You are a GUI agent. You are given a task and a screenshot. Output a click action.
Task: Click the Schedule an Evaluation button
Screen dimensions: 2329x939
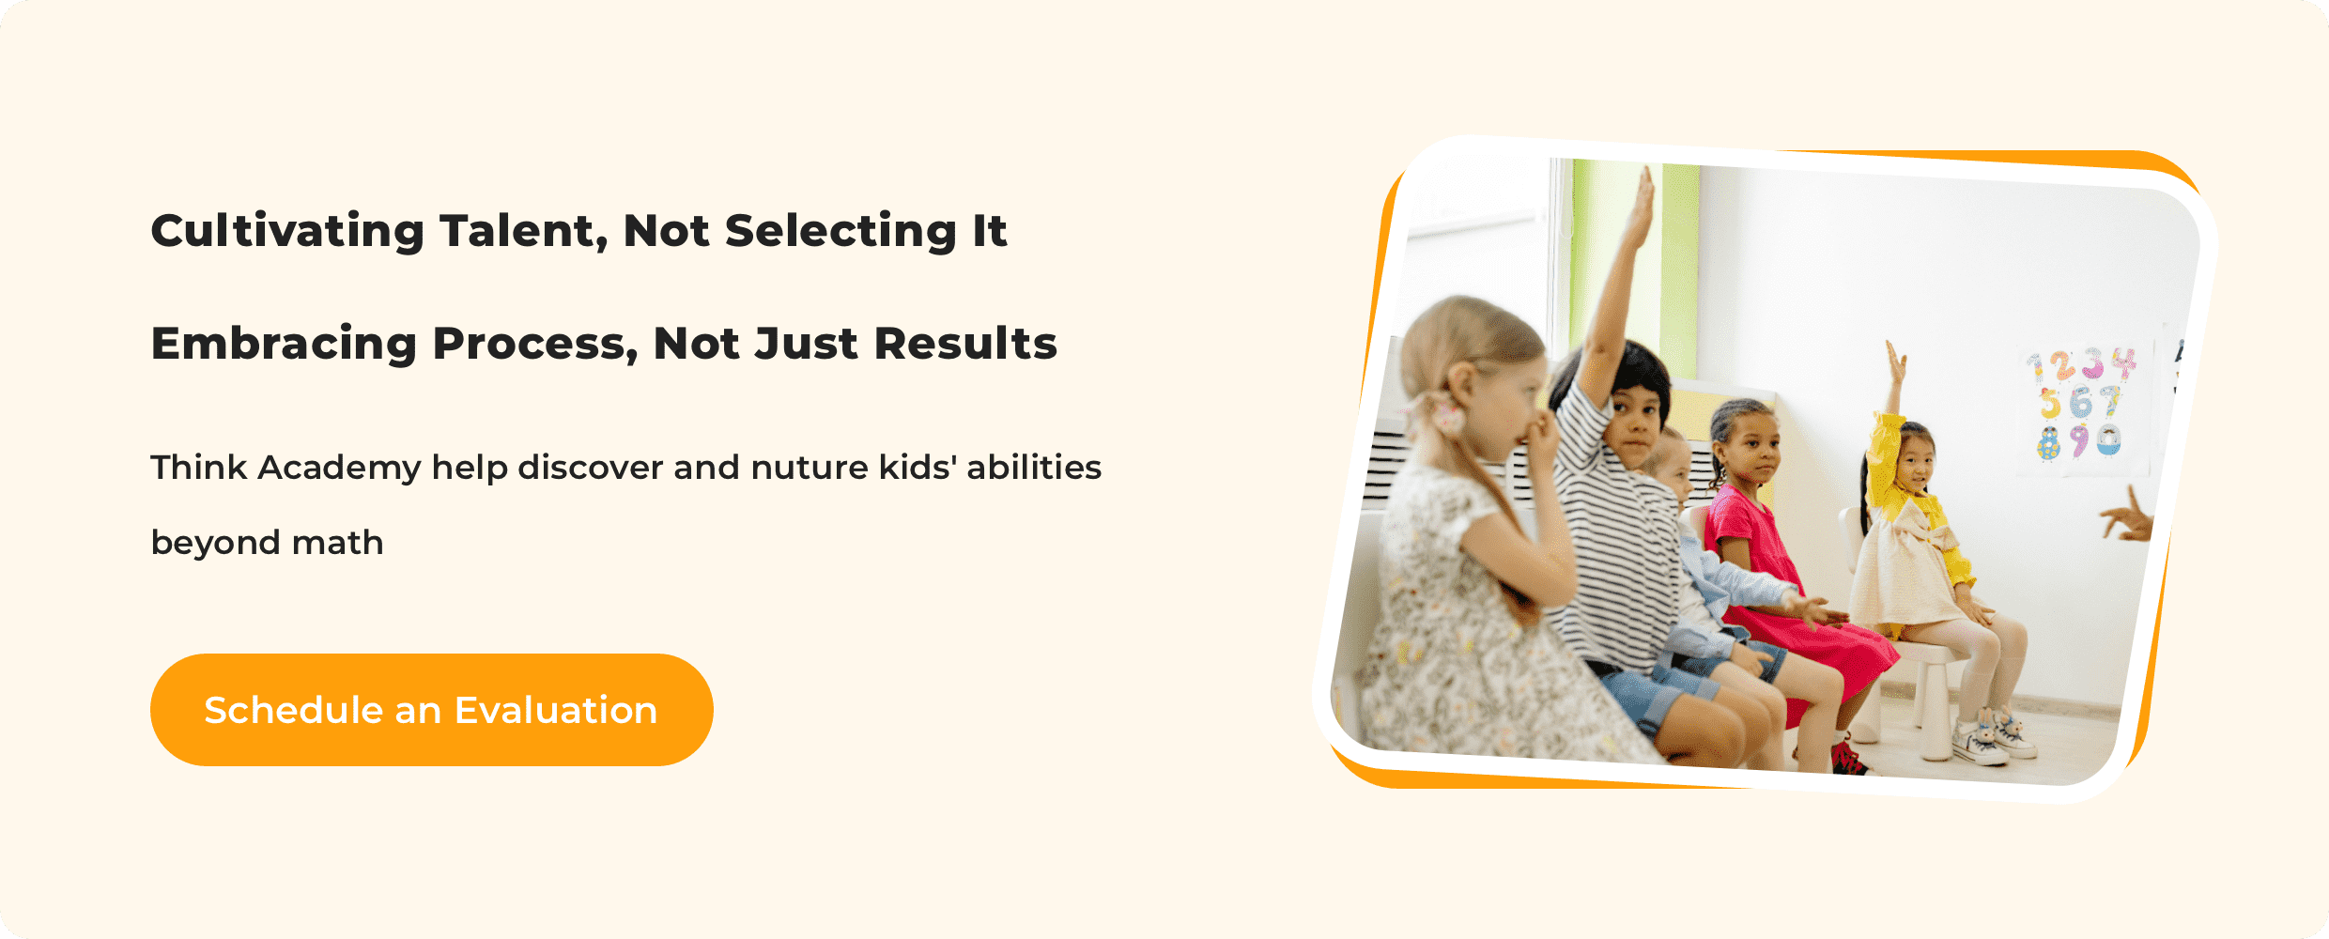[431, 710]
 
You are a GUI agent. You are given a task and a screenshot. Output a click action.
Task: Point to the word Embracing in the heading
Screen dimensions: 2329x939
[284, 344]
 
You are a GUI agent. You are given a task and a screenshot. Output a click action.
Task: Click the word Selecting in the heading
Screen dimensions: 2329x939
[841, 231]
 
